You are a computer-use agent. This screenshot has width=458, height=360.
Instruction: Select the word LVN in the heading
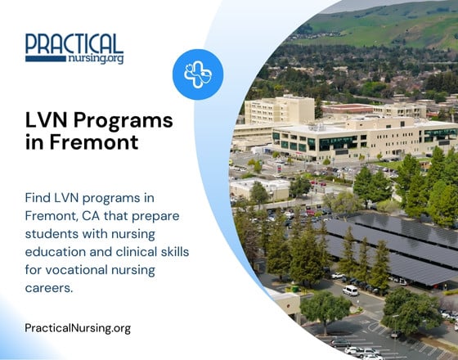(47, 121)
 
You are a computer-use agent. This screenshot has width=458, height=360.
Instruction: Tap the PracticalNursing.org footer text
(78, 328)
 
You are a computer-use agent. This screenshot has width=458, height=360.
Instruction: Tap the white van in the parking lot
(350, 290)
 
